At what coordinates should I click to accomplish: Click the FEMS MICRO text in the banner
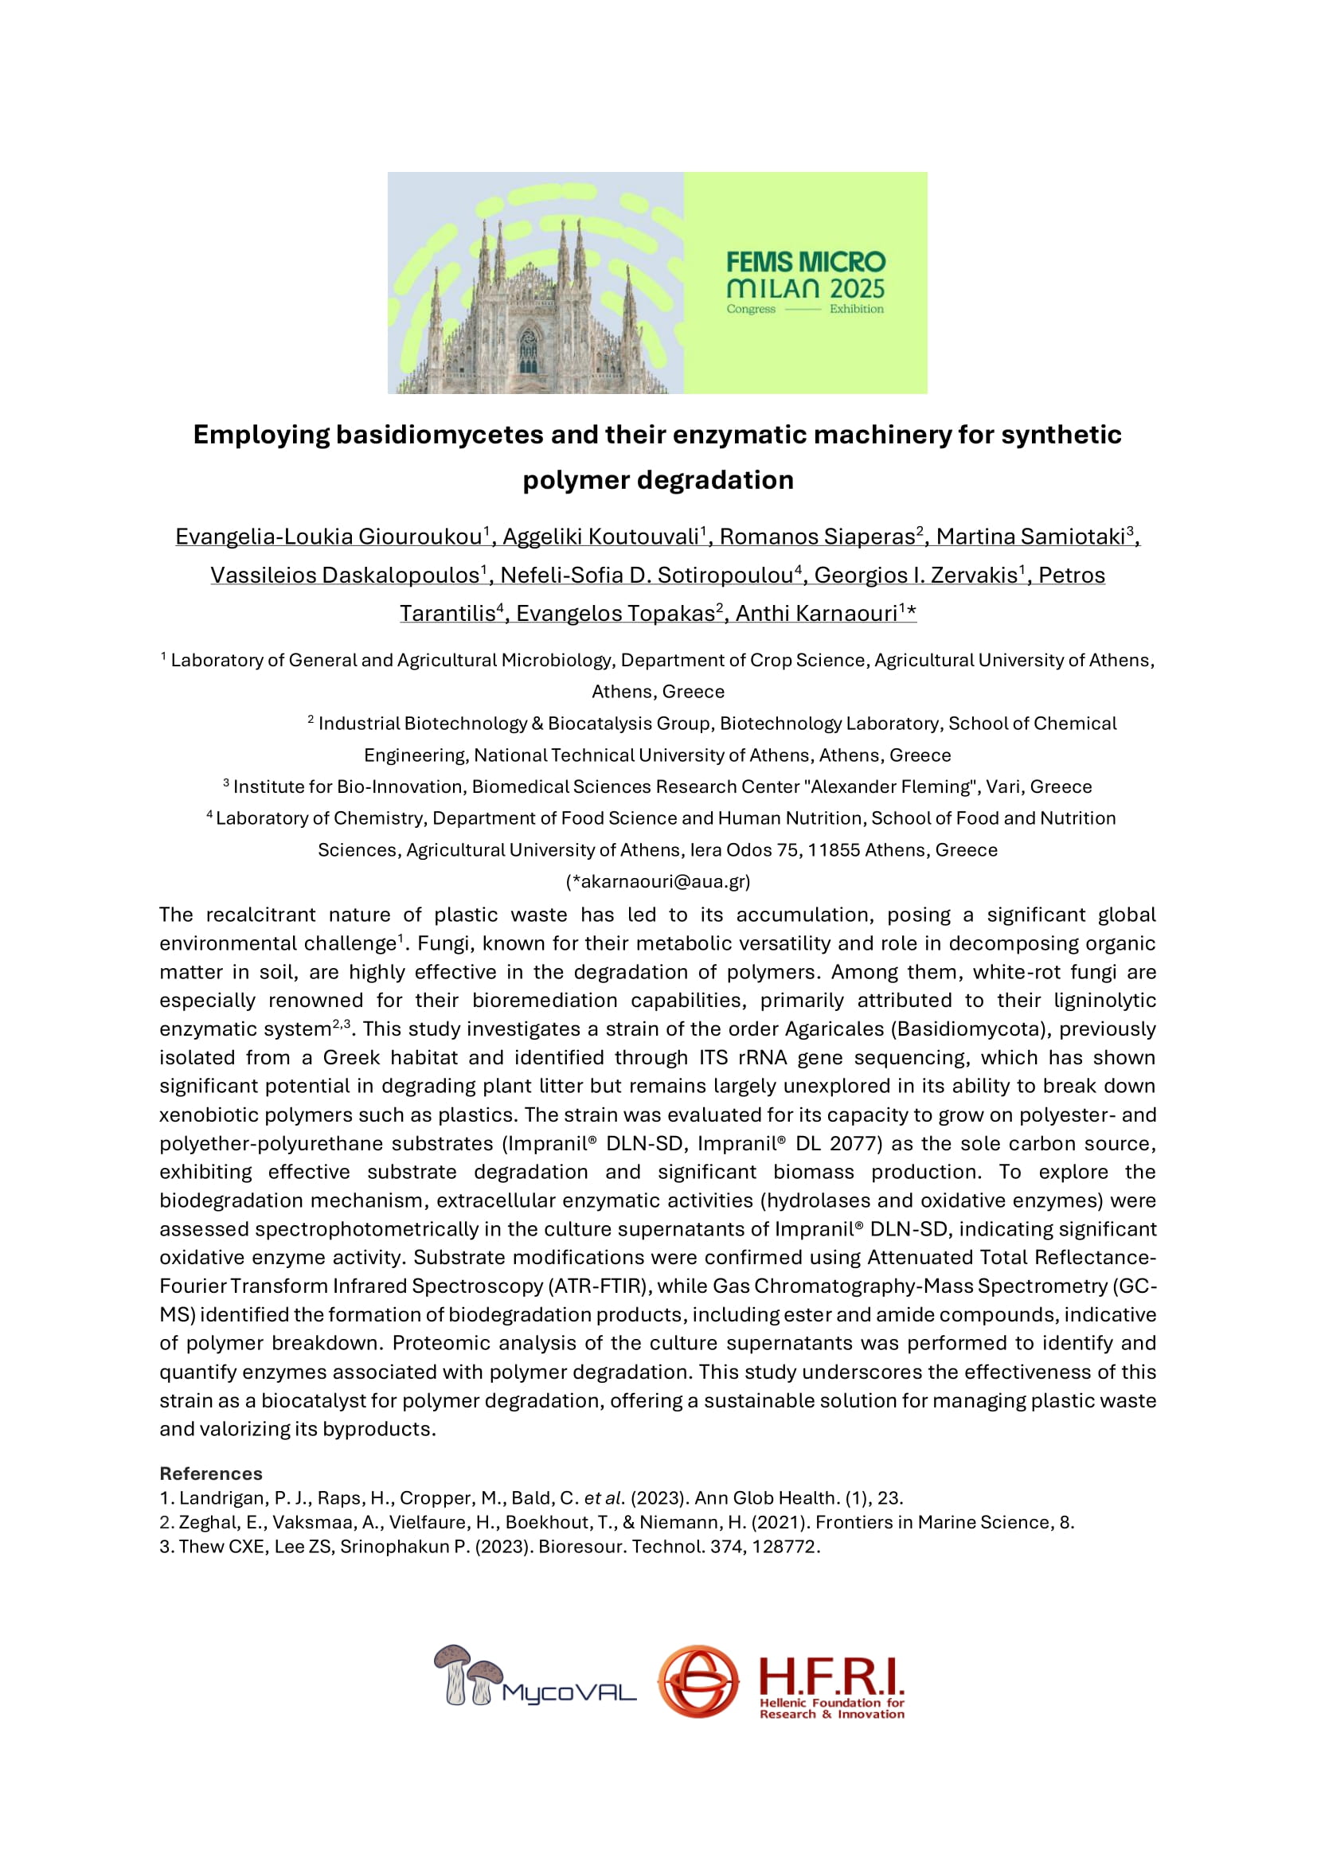[805, 262]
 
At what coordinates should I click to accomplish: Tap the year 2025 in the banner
[858, 289]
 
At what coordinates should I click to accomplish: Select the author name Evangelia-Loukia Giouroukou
[328, 537]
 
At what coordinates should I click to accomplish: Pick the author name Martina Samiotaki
[1030, 537]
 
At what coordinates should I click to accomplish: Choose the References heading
[211, 1474]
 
